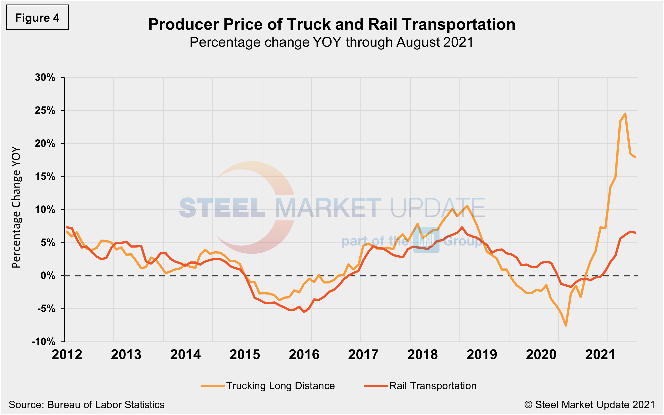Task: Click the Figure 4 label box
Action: (x=37, y=18)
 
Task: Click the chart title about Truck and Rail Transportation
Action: (x=331, y=24)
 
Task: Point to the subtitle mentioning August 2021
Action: (x=331, y=42)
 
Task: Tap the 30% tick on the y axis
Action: (x=45, y=77)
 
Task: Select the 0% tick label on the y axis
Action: (x=48, y=276)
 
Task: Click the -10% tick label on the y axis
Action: (x=44, y=342)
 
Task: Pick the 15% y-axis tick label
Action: (x=45, y=176)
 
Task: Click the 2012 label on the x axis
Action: (x=67, y=354)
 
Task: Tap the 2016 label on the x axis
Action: (x=304, y=354)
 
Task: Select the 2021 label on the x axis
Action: (x=600, y=354)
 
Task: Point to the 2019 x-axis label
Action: (x=482, y=354)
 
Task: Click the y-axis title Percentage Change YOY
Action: (x=16, y=207)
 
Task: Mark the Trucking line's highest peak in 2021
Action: (x=625, y=114)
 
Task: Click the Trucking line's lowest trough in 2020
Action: (x=566, y=326)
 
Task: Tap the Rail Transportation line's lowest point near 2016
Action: (x=304, y=312)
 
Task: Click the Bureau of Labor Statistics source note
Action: (x=86, y=404)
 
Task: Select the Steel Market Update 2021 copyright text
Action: (x=590, y=404)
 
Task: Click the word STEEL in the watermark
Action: (x=222, y=208)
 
